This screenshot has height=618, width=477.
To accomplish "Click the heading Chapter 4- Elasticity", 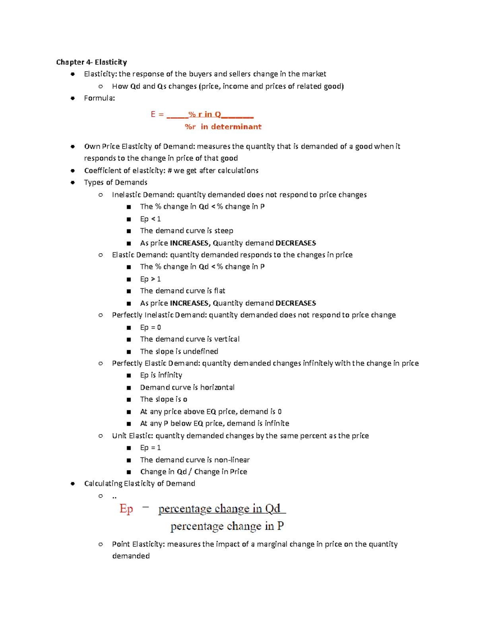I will pos(91,62).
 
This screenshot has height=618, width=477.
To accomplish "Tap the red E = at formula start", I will pos(157,115).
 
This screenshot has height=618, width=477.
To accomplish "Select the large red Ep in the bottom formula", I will pos(126,509).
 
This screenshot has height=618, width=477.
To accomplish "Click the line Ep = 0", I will pos(150,328).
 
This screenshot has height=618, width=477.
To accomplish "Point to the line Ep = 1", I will pos(150,448).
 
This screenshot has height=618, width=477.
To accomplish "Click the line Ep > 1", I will pos(150,279).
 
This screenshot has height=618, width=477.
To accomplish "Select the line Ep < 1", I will pos(150,219).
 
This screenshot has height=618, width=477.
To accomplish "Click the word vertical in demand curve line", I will pos(227,339).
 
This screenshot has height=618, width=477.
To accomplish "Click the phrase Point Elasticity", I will pos(138,544).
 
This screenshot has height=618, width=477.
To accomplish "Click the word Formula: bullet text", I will pos(99,98).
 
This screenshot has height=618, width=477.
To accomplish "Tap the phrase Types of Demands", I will pos(116,183).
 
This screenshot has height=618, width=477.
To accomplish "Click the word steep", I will pos(224,231).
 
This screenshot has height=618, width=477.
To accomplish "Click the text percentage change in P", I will pos(227,526).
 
